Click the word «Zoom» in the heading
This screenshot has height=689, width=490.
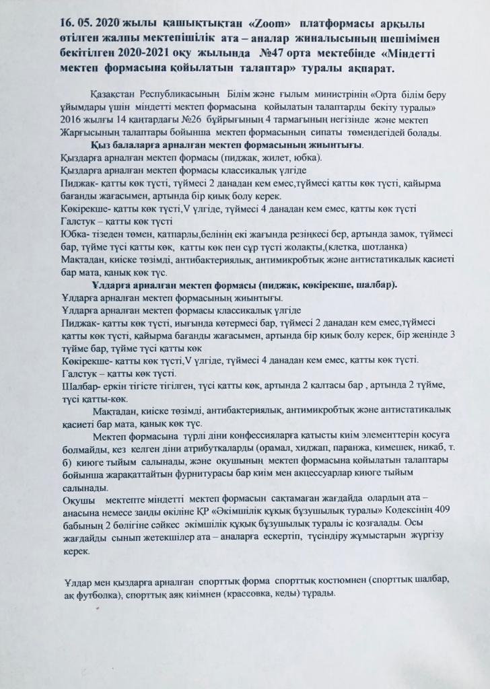point(250,22)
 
